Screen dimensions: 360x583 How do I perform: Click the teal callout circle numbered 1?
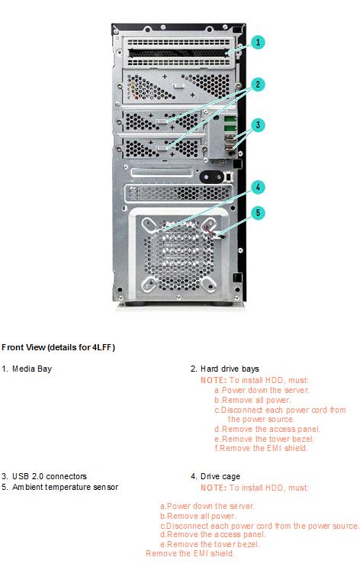pos(258,42)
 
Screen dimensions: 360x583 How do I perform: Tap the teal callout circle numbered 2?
pos(258,85)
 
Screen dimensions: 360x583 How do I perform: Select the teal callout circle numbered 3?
pos(258,125)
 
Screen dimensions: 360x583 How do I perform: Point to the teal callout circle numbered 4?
pos(258,187)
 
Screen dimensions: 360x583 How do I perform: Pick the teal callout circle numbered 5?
pos(258,213)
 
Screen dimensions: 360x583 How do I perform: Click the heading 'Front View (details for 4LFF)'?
pos(58,347)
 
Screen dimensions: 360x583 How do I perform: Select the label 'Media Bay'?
pos(32,369)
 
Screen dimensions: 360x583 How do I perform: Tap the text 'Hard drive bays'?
pos(230,369)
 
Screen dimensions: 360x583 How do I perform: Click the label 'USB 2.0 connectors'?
pos(50,476)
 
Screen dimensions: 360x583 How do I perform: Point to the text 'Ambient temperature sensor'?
pos(65,487)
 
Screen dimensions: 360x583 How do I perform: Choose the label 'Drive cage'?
pos(220,476)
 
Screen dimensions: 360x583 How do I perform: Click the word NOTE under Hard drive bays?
pos(214,380)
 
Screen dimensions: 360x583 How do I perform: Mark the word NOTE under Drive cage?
pos(214,488)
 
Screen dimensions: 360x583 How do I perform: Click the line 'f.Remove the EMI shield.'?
pos(261,448)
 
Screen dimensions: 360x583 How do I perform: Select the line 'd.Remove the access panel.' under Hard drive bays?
pos(267,429)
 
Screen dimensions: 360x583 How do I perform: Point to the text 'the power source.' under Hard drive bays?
pos(261,420)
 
